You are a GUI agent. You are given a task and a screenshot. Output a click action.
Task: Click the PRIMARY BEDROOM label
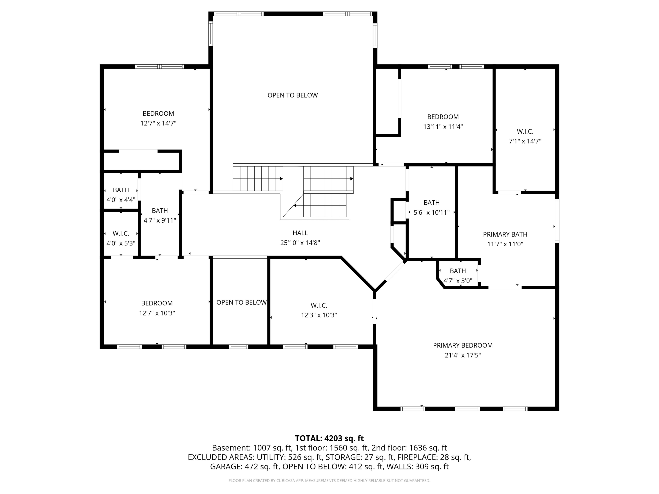click(462, 345)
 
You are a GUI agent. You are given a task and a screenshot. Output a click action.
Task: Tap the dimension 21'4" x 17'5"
click(462, 355)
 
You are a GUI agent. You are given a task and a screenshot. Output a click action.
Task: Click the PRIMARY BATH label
click(505, 234)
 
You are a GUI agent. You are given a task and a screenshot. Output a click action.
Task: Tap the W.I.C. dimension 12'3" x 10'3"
click(319, 315)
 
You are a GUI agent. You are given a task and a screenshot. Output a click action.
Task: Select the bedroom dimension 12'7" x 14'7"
click(158, 123)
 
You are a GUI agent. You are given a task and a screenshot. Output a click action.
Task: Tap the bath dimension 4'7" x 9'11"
click(160, 220)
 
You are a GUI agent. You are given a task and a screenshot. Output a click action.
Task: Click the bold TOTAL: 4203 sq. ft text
click(329, 438)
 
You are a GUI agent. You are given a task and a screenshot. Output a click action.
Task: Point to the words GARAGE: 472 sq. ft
click(244, 467)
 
